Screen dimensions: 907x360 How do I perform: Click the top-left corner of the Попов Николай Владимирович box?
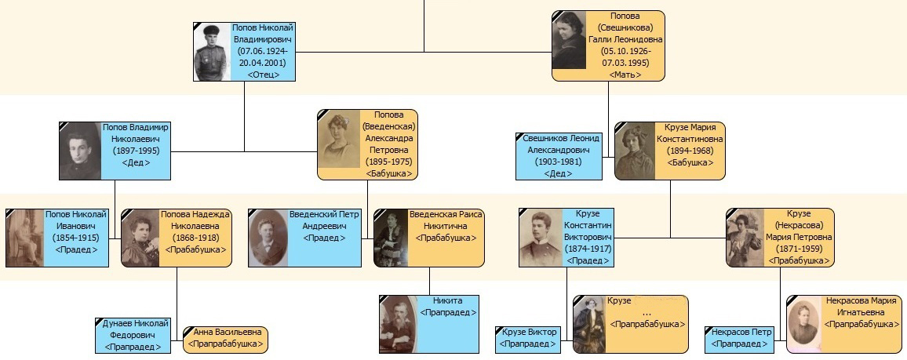point(193,23)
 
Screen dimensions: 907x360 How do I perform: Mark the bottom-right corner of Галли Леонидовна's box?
point(665,81)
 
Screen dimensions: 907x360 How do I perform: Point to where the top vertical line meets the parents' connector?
point(424,52)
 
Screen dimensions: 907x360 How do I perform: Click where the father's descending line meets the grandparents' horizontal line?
point(244,151)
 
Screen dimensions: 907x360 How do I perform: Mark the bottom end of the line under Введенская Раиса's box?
point(429,295)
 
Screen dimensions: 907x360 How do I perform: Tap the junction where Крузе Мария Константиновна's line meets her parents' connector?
point(670,238)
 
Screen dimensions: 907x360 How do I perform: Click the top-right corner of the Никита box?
point(479,296)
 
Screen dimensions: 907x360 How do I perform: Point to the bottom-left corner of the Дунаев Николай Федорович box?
point(96,353)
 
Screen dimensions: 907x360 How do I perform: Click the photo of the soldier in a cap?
point(212,52)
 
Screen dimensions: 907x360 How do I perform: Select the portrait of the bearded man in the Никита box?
point(398,324)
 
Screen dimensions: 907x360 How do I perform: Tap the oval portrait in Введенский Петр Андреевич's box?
point(268,238)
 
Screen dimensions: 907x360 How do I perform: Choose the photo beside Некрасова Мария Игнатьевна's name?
point(804,324)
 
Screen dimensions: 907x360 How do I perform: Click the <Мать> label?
point(625,75)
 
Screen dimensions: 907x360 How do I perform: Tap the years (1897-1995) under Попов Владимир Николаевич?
point(136,151)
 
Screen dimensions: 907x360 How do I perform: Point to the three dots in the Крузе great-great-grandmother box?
point(647,314)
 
